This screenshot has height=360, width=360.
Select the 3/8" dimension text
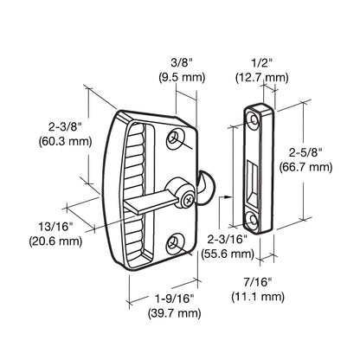[180, 61]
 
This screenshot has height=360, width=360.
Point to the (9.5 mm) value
[180, 76]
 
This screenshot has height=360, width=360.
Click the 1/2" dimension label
[260, 61]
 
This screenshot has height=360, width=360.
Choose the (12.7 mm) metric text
[260, 76]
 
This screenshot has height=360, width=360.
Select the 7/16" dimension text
[259, 282]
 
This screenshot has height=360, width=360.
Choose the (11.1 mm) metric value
[259, 297]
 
